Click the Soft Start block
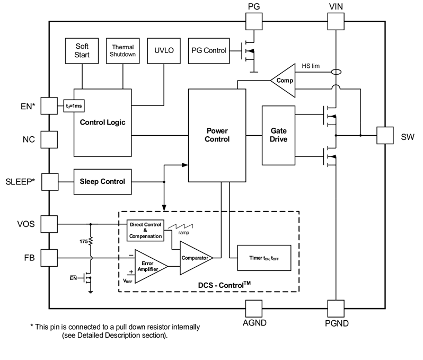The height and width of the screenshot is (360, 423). (82, 50)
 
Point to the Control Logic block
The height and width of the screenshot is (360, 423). (102, 122)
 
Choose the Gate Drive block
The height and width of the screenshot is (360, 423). (278, 135)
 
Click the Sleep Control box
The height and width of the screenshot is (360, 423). (102, 181)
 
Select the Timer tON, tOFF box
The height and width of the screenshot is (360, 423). (265, 259)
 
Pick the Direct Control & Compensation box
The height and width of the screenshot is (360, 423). (146, 229)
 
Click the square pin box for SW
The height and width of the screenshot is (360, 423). (385, 135)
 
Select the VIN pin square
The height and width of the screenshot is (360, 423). (336, 22)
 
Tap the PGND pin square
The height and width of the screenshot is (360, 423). (336, 308)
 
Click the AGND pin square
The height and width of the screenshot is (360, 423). (253, 308)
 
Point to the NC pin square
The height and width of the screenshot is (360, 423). (49, 140)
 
